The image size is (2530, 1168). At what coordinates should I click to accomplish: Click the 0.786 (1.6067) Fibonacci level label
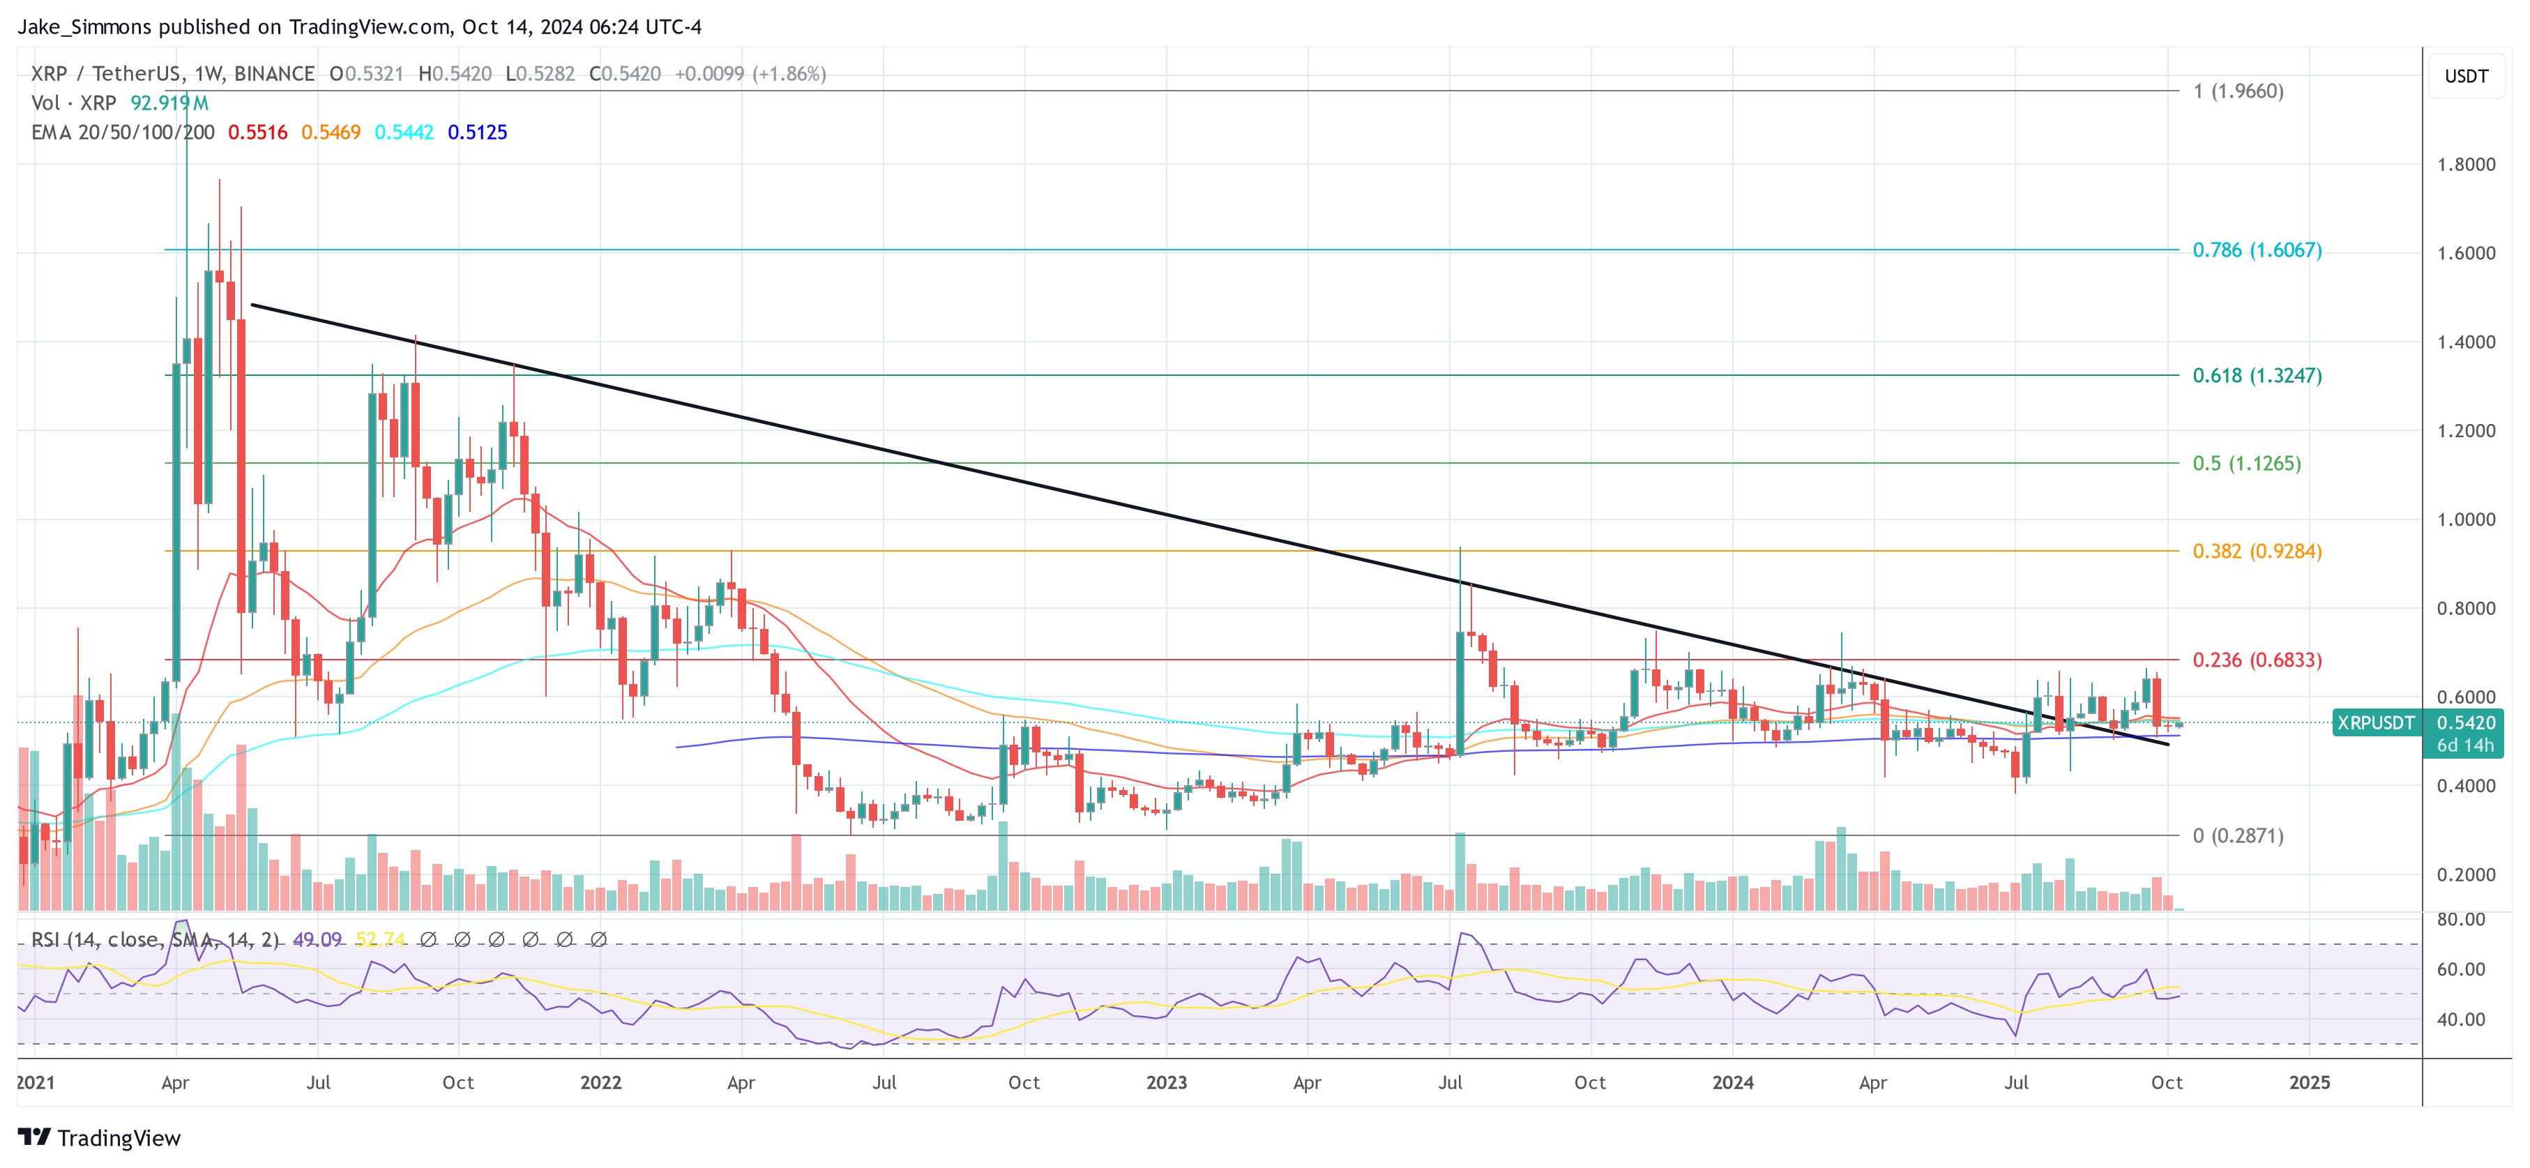coord(2256,250)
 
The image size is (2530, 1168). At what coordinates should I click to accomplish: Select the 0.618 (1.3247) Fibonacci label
coord(2256,375)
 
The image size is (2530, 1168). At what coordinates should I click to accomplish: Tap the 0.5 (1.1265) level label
coord(2246,464)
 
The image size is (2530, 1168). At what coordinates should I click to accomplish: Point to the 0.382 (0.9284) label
coord(2256,551)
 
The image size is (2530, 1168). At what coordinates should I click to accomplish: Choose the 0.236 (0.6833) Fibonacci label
coord(2256,660)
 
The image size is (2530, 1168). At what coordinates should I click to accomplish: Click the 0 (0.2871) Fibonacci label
coord(2237,836)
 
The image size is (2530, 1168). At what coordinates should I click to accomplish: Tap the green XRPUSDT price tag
coord(2374,723)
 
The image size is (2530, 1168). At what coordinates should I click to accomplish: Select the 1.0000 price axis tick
coord(2465,519)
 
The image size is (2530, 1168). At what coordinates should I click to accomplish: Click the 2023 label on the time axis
coord(1166,1082)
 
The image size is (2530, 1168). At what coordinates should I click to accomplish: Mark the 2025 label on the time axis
coord(2309,1082)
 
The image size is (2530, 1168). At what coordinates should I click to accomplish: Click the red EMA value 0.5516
coord(257,132)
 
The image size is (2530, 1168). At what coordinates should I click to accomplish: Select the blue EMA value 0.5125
coord(477,132)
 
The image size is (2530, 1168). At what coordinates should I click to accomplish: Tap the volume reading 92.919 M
coord(169,103)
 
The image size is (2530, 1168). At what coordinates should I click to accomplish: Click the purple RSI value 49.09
coord(317,940)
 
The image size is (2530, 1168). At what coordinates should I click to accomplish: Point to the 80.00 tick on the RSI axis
coord(2460,920)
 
